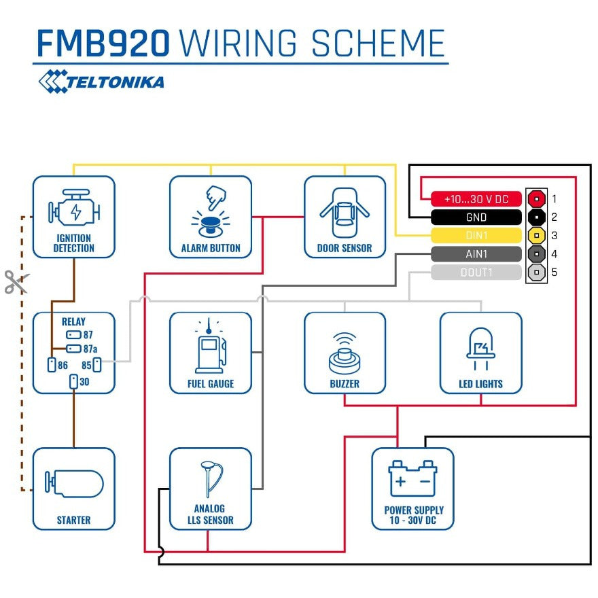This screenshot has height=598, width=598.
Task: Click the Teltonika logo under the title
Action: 101,82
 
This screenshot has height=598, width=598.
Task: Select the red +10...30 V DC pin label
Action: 476,199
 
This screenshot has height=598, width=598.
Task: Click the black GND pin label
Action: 476,217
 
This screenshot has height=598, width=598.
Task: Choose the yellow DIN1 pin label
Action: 476,236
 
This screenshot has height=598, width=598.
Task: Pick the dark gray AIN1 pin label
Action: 476,254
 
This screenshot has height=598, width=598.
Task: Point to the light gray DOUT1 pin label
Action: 476,272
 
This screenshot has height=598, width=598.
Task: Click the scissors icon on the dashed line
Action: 16,282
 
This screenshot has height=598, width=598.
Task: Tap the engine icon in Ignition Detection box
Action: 74,211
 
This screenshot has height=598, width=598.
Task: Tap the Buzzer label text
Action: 345,384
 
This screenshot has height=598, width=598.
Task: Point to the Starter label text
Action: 74,520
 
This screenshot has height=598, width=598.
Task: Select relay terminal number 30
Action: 84,382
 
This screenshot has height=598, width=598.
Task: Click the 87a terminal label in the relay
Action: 90,349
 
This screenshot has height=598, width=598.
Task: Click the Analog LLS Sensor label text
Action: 211,514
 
